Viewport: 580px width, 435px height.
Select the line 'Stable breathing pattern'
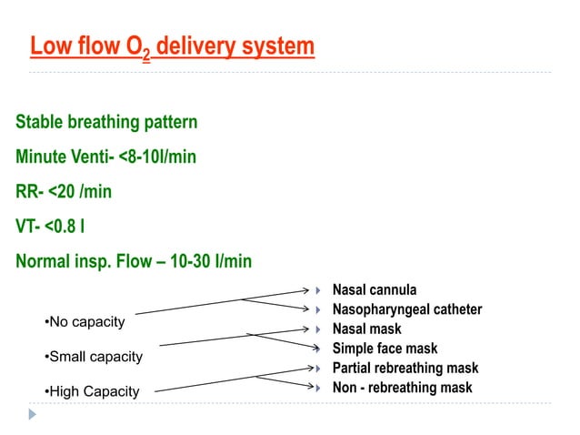pyautogui.click(x=106, y=121)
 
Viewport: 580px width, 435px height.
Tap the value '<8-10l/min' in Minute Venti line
pyautogui.click(x=157, y=157)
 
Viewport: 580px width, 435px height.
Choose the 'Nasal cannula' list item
pyautogui.click(x=375, y=289)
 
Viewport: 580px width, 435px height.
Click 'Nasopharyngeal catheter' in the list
pyautogui.click(x=406, y=309)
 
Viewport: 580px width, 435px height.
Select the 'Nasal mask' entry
pyautogui.click(x=366, y=329)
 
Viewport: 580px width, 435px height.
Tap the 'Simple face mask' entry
pyautogui.click(x=385, y=349)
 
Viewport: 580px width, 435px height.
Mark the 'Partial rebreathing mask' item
pyautogui.click(x=405, y=369)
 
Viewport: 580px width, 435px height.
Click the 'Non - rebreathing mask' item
pyautogui.click(x=402, y=388)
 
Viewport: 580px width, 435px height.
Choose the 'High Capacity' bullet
pyautogui.click(x=92, y=391)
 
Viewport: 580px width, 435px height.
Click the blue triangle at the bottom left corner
pyautogui.click(x=33, y=414)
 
